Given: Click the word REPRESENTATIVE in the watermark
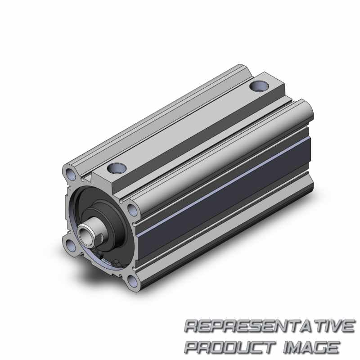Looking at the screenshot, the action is pos(270,325).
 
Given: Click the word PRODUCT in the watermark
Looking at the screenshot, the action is pos(230,347).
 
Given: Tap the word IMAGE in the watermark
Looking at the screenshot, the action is pos(311,347).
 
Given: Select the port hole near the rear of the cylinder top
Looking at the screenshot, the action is pos(259,86).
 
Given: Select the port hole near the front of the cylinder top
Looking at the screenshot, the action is pos(117,168).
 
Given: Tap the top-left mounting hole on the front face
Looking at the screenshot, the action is pos(70,174).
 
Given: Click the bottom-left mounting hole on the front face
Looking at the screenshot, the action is pos(72,245).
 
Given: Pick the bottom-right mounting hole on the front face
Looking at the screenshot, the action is pos(132,281).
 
